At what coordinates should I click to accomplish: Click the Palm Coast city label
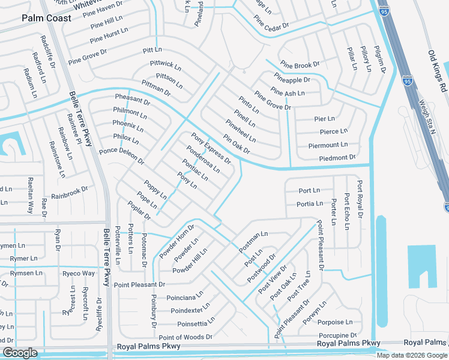(x=46, y=18)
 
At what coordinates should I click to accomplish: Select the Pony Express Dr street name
(x=211, y=148)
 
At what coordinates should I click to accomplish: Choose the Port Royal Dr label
(x=360, y=199)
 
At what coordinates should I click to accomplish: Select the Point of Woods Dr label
(x=185, y=337)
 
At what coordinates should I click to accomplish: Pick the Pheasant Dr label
(x=132, y=100)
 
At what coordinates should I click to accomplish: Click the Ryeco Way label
(x=79, y=274)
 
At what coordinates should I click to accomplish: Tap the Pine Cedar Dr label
(x=271, y=25)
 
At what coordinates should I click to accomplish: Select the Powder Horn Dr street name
(x=177, y=241)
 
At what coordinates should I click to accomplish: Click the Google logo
(x=20, y=353)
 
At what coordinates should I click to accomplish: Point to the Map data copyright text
(x=411, y=355)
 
